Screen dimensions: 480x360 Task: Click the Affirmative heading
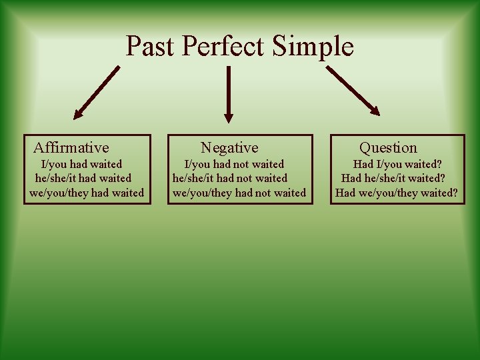(71, 147)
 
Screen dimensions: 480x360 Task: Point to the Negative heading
(229, 147)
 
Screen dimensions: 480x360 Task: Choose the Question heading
(388, 147)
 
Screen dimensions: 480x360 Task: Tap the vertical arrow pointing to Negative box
(229, 93)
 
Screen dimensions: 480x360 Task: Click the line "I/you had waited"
(81, 164)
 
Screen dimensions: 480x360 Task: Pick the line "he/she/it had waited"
(83, 178)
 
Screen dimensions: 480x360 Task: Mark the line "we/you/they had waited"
(87, 193)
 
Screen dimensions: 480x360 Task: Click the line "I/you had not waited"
(234, 164)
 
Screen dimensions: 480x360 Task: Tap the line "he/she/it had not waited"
(230, 178)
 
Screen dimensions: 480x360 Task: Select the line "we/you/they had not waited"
(239, 193)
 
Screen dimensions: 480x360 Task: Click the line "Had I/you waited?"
(397, 164)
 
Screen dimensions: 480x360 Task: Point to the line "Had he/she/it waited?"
(393, 178)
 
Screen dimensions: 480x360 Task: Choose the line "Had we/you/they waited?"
(396, 193)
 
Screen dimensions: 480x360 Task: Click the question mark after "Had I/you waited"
(439, 164)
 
